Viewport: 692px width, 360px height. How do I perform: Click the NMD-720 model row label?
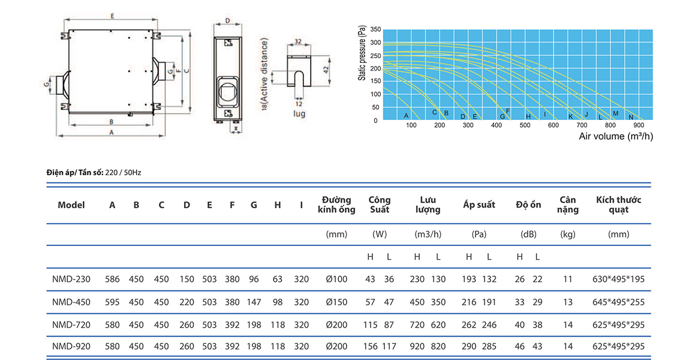(x=71, y=325)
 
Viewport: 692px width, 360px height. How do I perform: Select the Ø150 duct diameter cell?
(x=336, y=302)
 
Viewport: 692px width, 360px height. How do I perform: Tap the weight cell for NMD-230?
(x=567, y=279)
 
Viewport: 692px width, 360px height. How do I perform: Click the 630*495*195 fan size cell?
(x=618, y=279)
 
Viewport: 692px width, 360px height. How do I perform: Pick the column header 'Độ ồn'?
(x=528, y=205)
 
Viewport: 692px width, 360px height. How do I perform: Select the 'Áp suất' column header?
(x=479, y=205)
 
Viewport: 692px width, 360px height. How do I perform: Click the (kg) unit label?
(x=567, y=234)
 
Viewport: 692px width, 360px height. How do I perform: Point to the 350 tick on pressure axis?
(x=375, y=29)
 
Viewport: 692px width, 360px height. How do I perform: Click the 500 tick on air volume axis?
(x=525, y=125)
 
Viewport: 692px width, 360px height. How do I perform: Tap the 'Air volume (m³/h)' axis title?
(x=616, y=136)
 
